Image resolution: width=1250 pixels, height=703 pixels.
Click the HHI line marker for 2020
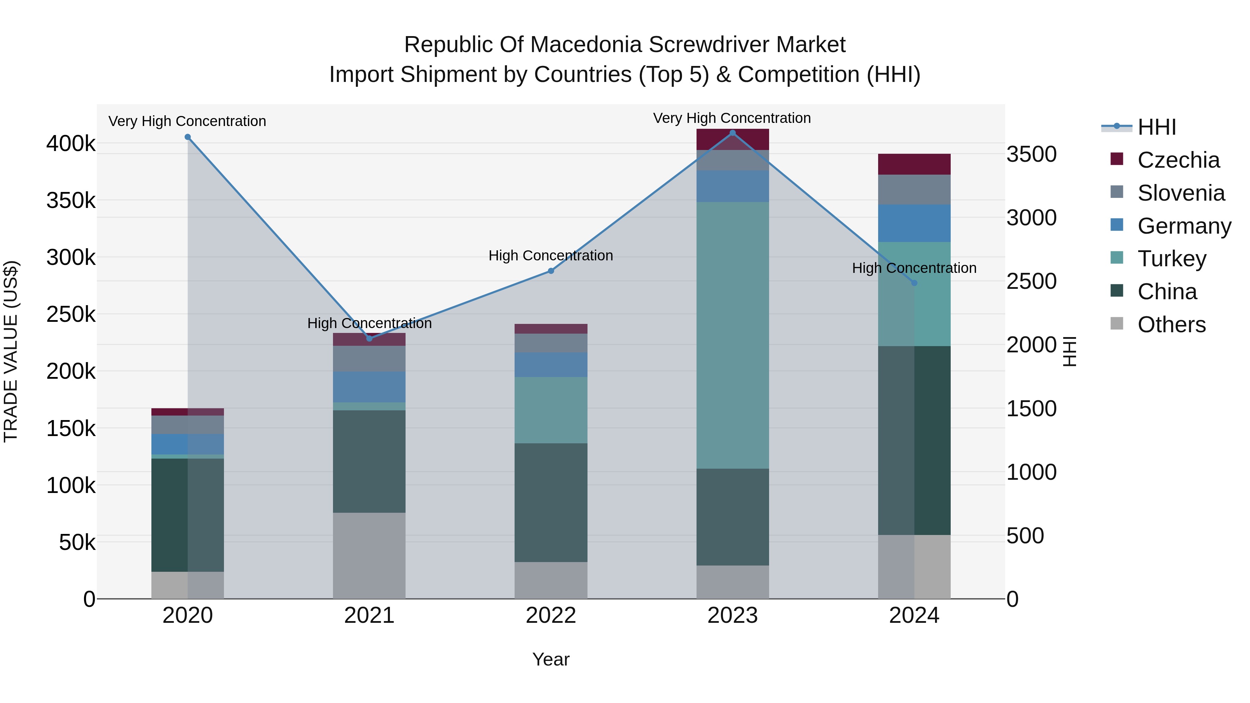tap(188, 137)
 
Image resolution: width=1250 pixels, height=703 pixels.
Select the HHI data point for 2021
tap(369, 338)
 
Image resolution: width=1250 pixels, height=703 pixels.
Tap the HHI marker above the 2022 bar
tap(551, 271)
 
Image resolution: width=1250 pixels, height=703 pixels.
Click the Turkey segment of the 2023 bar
tap(732, 335)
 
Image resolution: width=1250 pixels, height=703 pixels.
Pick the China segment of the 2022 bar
tap(551, 502)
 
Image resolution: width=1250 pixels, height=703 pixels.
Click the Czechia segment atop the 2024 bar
tap(914, 164)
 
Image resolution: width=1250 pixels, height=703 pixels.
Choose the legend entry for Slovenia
tap(1180, 193)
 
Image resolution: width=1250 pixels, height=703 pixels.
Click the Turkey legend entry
tap(1172, 259)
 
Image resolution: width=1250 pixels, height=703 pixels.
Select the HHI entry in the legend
tap(1156, 127)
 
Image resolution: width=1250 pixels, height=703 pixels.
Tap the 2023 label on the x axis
tap(732, 616)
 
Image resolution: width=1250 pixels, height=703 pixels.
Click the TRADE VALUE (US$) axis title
tap(11, 351)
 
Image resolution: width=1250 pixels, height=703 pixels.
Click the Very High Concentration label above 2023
tap(732, 118)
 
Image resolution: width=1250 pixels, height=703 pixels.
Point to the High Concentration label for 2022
tap(551, 255)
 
